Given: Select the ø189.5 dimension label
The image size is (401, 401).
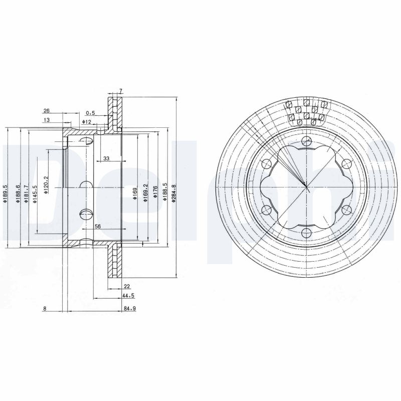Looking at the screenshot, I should [5, 194].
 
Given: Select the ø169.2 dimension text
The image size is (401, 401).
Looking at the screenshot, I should [145, 192].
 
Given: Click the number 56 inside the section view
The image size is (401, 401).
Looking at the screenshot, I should [98, 227].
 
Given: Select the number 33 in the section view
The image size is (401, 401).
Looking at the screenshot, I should [106, 158].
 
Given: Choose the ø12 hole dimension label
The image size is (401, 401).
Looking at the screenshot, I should [86, 122].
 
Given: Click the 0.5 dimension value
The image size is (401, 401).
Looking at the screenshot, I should [90, 113].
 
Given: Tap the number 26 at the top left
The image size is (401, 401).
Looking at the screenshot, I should [46, 110].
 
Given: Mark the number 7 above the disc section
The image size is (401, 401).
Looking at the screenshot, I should [120, 91].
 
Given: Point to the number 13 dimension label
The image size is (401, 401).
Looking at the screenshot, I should [47, 120].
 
